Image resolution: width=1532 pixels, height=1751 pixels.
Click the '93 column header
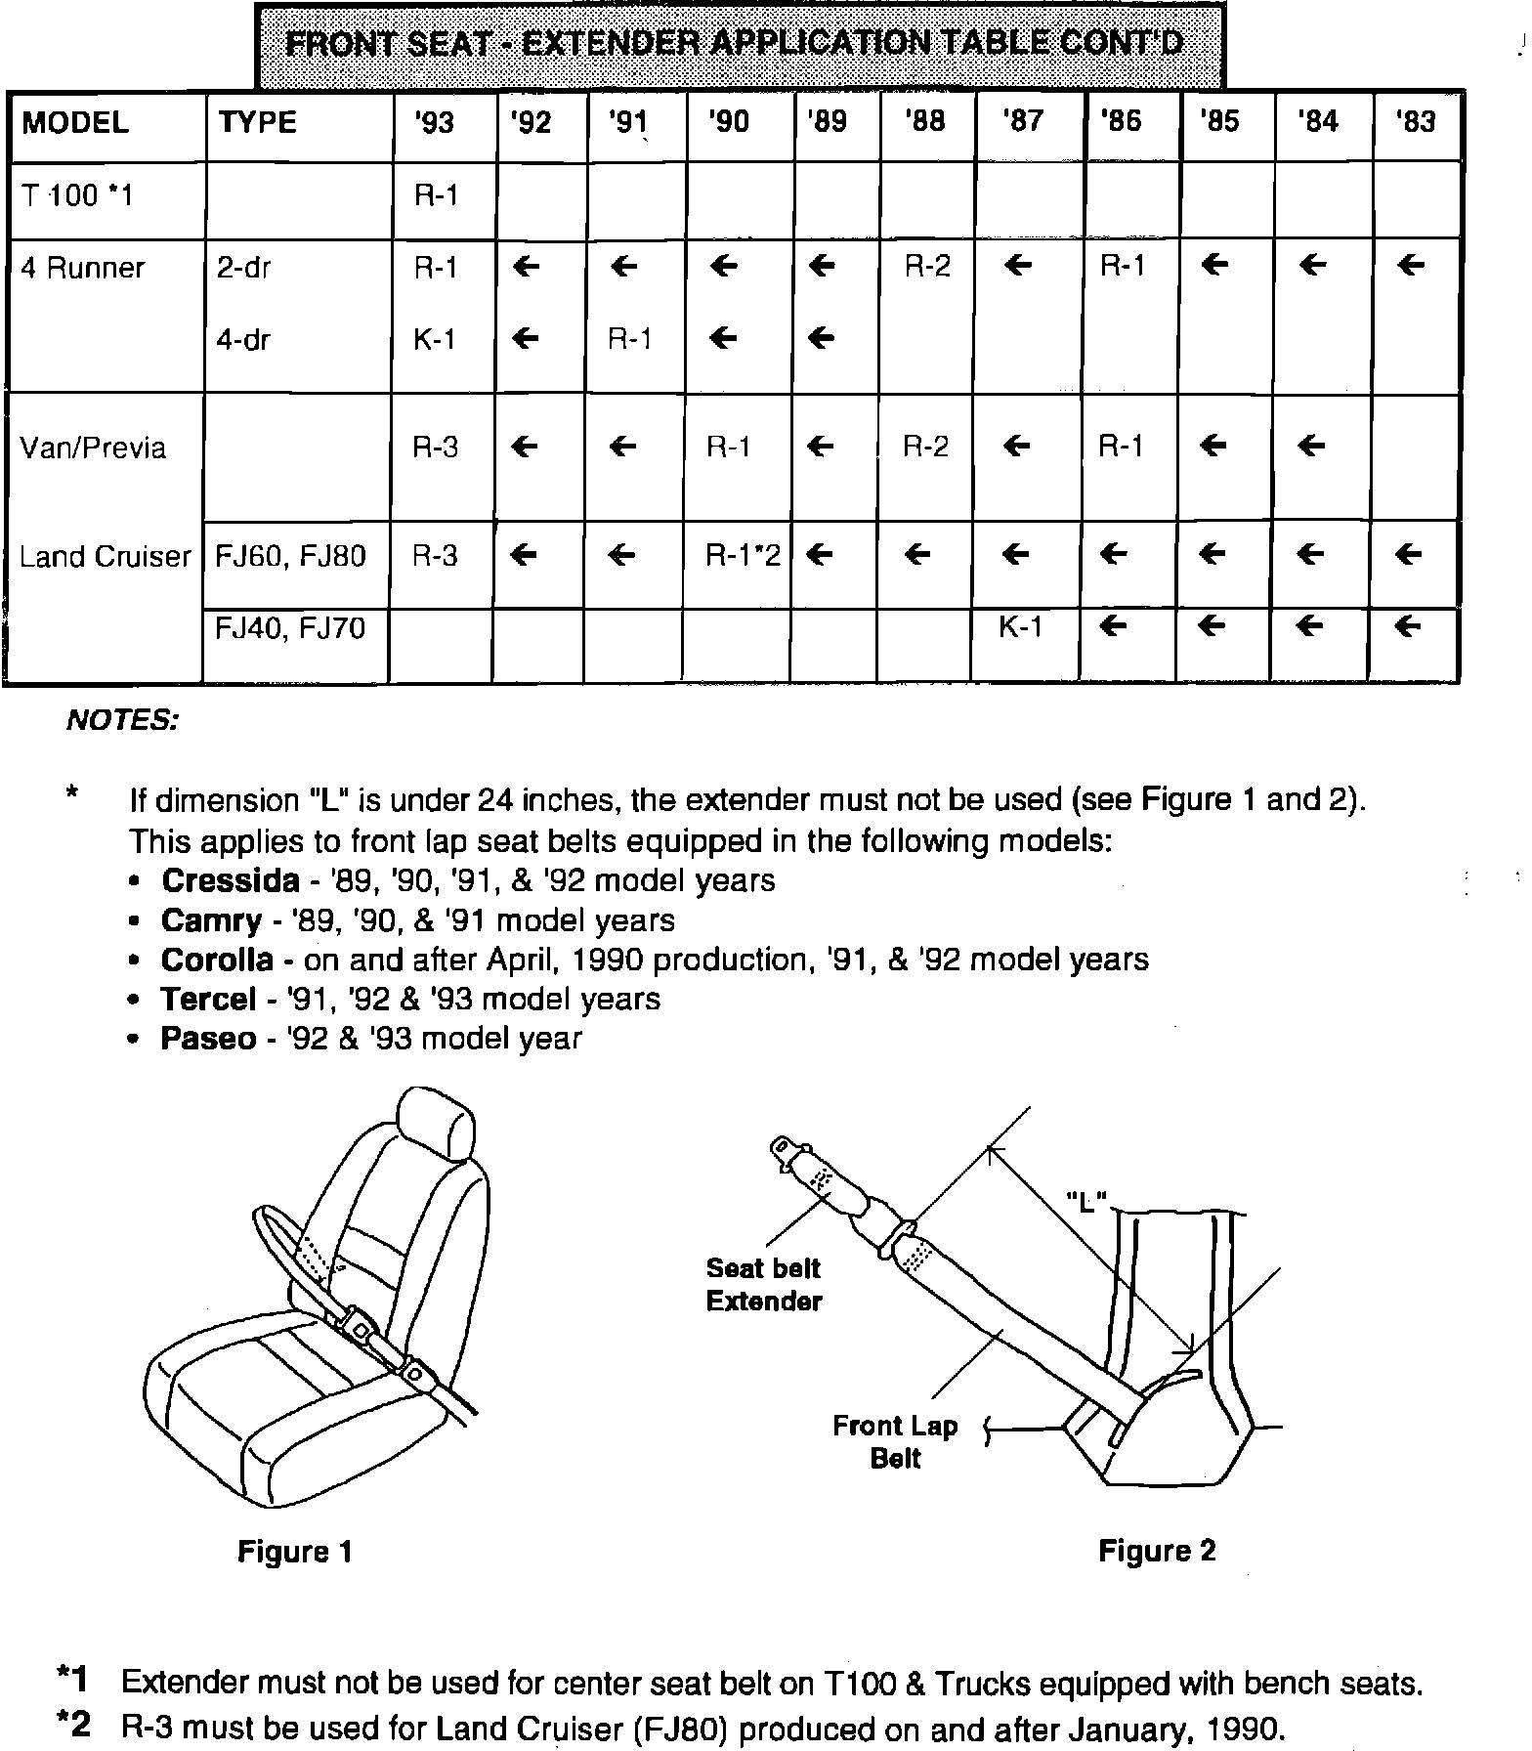[x=435, y=123]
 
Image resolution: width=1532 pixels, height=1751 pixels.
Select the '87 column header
[x=1023, y=122]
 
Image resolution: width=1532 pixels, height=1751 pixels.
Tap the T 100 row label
[x=77, y=195]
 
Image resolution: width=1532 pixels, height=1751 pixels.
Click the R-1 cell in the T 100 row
[x=436, y=195]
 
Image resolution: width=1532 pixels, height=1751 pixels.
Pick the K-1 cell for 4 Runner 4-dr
[x=435, y=340]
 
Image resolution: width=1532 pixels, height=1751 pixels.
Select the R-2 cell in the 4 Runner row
[x=927, y=266]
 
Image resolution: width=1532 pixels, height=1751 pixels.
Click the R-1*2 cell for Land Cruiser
[x=744, y=556]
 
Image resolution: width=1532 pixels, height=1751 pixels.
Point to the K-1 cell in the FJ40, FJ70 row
[x=1021, y=627]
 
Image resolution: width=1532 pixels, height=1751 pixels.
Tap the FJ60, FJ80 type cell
[x=291, y=556]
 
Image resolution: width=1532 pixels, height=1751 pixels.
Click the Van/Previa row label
[x=94, y=448]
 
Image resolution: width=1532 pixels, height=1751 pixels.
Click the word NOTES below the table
[x=122, y=721]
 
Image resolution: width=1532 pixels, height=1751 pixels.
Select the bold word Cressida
[x=231, y=880]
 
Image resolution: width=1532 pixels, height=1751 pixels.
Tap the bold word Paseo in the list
[x=208, y=1038]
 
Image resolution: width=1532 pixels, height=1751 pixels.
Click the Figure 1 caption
[x=294, y=1551]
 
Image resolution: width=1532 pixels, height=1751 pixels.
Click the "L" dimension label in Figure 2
[x=1085, y=1200]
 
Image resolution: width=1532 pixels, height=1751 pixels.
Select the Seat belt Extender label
[x=763, y=1284]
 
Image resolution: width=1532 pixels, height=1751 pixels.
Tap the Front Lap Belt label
[x=895, y=1441]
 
